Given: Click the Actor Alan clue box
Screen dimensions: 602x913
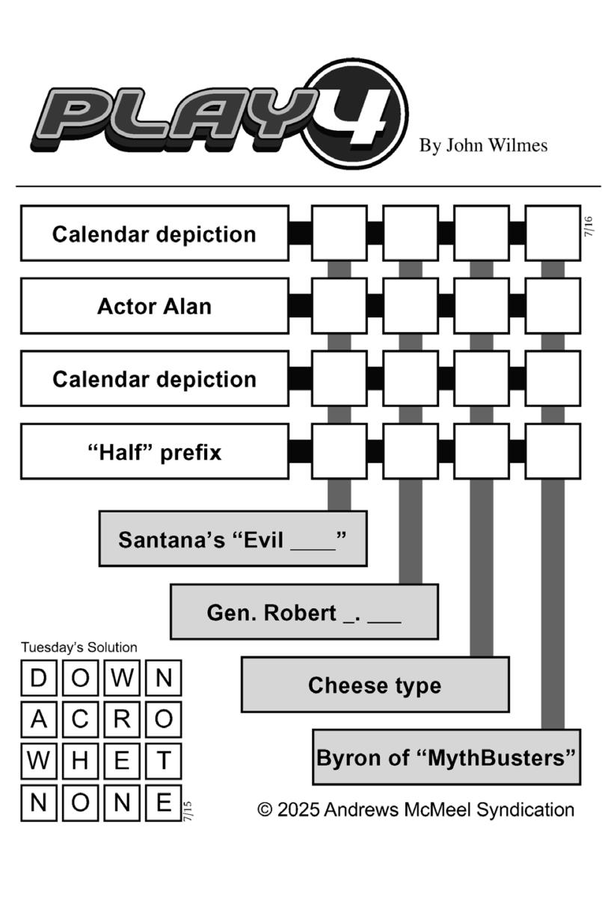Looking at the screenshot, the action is point(155,306).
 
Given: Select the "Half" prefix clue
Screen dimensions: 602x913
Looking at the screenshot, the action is point(155,451).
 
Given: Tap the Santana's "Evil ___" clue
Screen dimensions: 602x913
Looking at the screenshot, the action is point(233,539).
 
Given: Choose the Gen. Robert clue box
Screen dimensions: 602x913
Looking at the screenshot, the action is point(304,612).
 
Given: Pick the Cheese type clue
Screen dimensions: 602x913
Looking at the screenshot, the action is point(375,685).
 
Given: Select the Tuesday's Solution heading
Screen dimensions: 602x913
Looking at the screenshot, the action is point(79,647).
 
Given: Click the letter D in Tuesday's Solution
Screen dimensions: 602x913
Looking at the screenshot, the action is point(39,678).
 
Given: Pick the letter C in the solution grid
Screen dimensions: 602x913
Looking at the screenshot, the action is point(80,718).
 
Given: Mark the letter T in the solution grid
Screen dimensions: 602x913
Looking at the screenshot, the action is point(163,760).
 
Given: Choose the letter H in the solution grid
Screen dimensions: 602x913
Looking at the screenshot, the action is point(80,760).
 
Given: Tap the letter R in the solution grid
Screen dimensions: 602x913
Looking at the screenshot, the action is point(122,718).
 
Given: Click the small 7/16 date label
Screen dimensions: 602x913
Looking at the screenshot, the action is point(589,227).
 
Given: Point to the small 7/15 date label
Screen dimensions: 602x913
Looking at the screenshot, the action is point(188,811).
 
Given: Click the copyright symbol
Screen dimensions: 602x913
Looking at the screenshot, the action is point(265,810).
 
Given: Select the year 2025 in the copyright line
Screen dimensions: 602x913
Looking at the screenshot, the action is point(298,810).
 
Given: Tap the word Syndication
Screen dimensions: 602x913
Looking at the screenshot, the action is point(526,810).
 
